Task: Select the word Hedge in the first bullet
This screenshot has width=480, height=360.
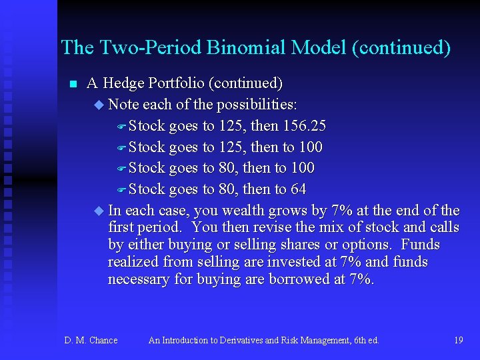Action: tap(125, 83)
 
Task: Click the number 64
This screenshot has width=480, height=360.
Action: tap(298, 189)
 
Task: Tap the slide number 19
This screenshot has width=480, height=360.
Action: tap(458, 340)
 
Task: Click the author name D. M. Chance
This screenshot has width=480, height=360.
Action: tap(91, 340)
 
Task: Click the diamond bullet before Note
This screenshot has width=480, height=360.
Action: tap(100, 105)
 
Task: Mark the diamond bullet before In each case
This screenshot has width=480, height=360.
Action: tap(100, 211)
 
